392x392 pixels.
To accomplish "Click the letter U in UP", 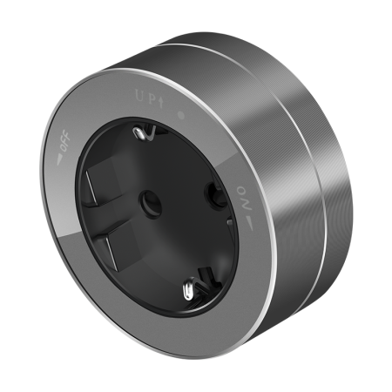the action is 140,96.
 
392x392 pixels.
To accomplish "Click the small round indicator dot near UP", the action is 181,115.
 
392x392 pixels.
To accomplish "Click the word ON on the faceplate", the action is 245,199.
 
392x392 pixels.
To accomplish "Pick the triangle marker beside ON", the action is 249,223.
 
